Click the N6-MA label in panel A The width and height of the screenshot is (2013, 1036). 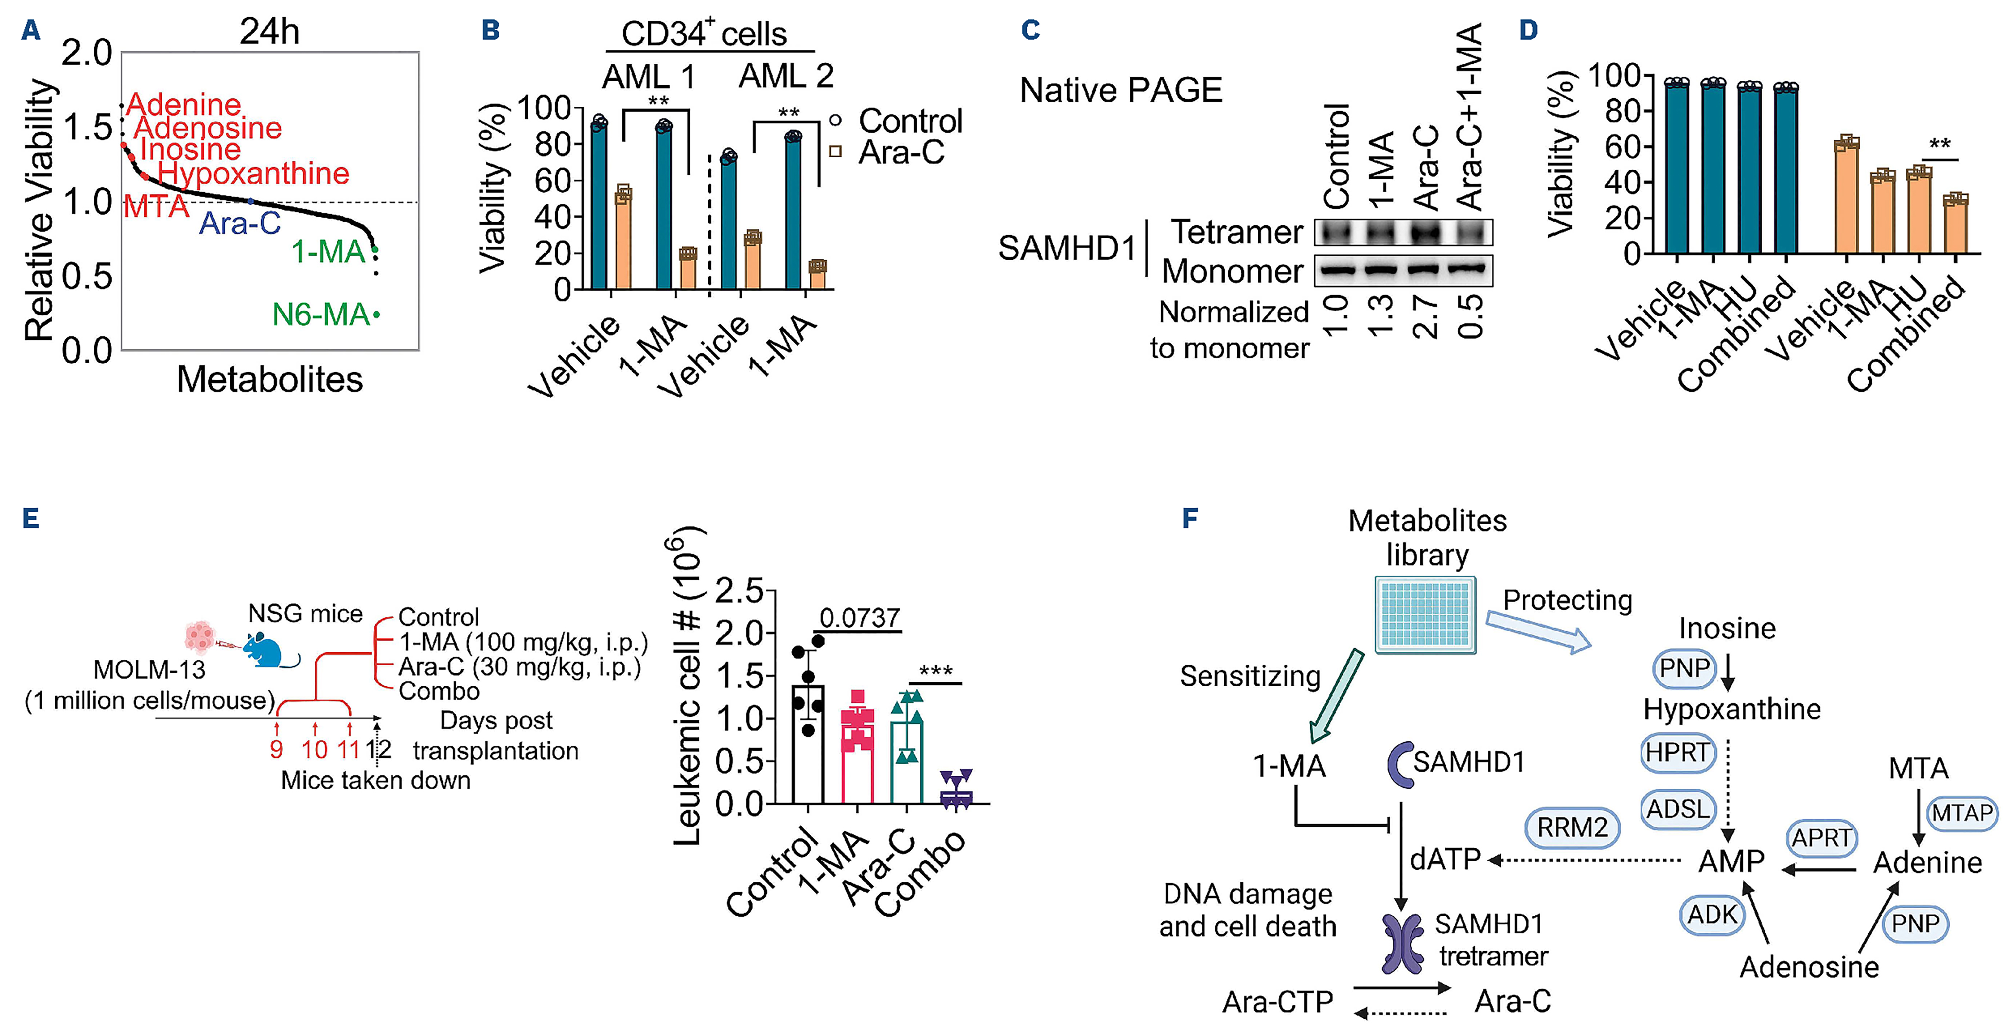(320, 315)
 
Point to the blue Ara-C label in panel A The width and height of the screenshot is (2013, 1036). (240, 224)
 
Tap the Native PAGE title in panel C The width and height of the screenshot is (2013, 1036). (1120, 90)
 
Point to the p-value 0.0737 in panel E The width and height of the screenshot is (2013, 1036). (859, 618)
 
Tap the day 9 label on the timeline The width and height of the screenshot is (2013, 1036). (276, 750)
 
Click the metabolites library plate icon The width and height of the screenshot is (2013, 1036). (1425, 615)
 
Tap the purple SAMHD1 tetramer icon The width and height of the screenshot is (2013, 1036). (1403, 944)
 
